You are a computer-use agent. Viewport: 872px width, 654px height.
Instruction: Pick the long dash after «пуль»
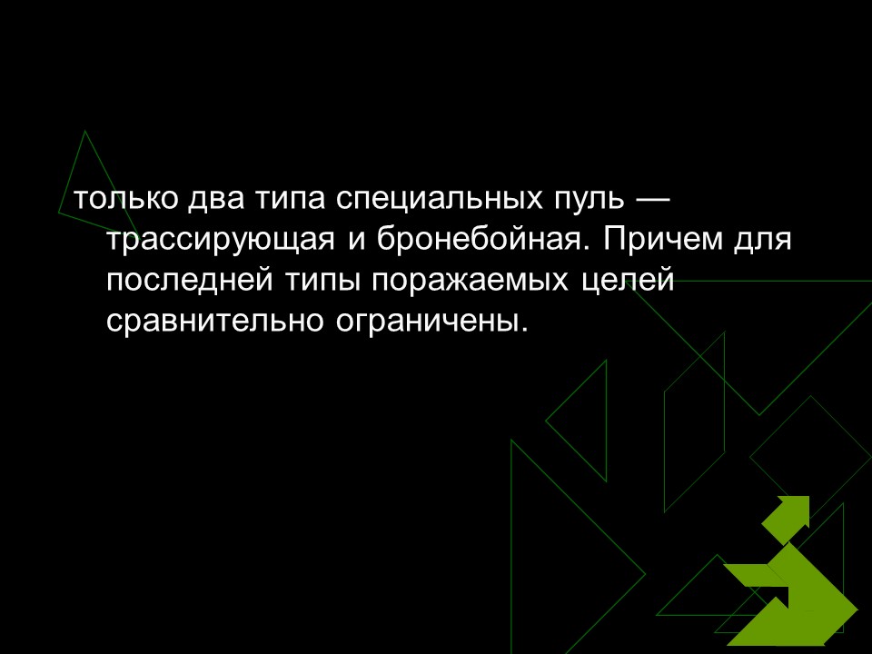652,198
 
